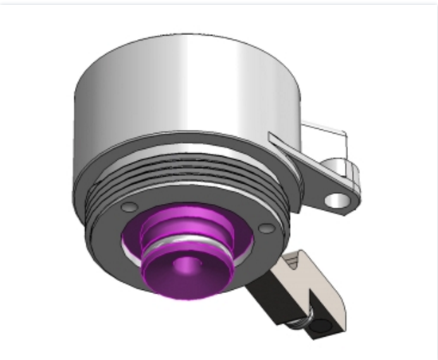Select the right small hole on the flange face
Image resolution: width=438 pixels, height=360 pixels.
267,228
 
